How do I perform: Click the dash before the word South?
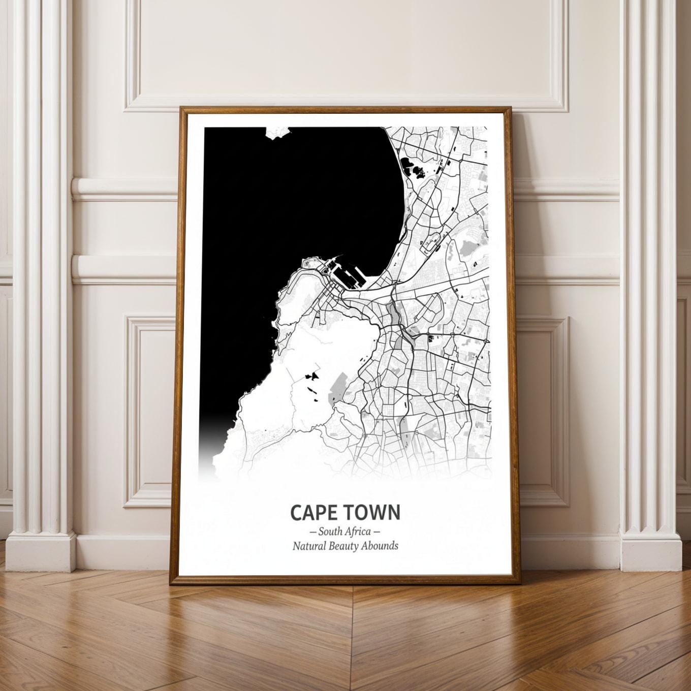pyautogui.click(x=312, y=532)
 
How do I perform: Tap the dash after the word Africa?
pyautogui.click(x=377, y=532)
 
